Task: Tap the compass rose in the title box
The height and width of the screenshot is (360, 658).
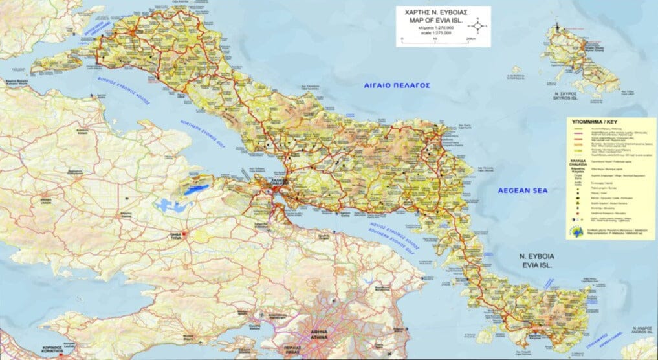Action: tap(477, 27)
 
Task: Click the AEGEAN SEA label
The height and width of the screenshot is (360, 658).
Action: tap(522, 190)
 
